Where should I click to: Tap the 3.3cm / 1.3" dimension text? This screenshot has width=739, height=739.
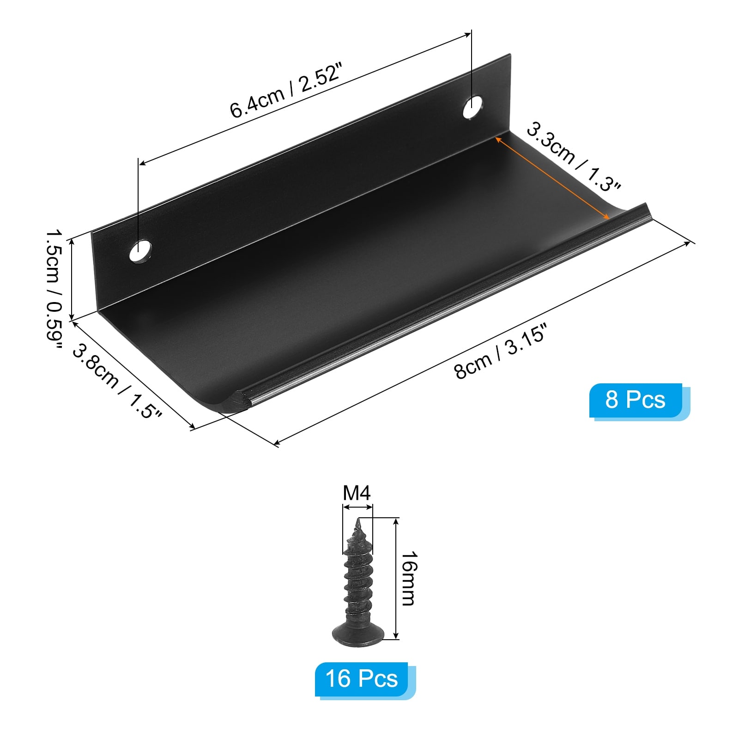pos(573,157)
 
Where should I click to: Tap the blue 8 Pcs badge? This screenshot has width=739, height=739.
pos(636,400)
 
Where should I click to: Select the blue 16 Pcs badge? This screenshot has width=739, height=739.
pos(361,679)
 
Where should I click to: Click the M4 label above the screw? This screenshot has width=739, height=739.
pos(357,493)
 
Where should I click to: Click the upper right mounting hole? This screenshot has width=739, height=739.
pos(472,107)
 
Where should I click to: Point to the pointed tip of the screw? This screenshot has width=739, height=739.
pos(358,522)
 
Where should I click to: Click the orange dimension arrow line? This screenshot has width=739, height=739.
pos(552,177)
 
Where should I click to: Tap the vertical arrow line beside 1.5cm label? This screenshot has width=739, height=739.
pos(72,279)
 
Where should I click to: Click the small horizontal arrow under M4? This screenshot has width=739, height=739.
pos(357,507)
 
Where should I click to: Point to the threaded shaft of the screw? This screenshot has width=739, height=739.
pos(358,582)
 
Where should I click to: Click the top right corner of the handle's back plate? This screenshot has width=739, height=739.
pos(510,55)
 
